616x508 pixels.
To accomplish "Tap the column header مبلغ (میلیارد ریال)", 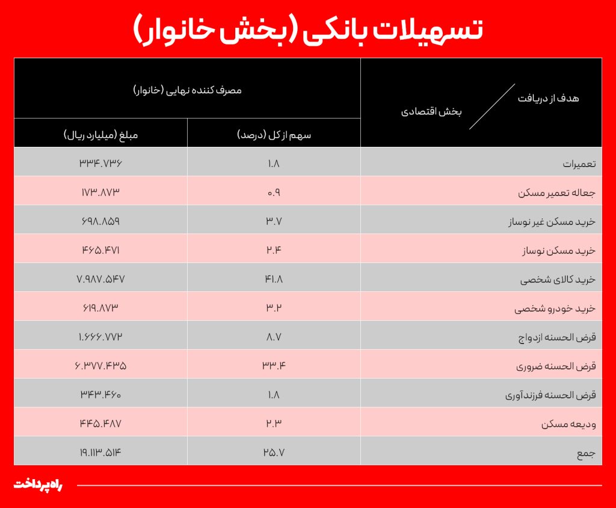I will (101, 134).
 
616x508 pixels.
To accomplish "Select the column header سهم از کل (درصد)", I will (274, 134).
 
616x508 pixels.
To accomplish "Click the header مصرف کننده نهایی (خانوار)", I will (187, 90).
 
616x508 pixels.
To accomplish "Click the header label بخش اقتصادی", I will (431, 112).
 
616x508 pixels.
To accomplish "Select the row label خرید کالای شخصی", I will (558, 280).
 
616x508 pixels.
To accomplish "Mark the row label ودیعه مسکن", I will (568, 424).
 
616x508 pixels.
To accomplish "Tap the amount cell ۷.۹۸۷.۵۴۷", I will (101, 280).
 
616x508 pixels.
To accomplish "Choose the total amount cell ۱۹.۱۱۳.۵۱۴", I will (101, 452).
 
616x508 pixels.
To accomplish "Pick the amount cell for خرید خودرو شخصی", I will (101, 308).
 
